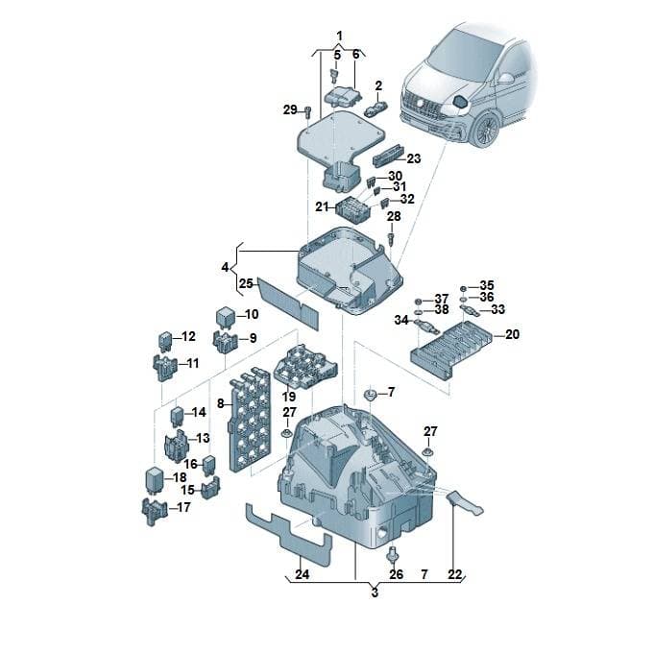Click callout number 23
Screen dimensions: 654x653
(414, 158)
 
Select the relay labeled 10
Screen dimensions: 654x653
(226, 317)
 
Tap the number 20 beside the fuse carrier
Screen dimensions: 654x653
(512, 334)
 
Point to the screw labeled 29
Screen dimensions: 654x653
(308, 111)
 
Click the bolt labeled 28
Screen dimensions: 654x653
(391, 239)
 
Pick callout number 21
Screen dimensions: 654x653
(322, 206)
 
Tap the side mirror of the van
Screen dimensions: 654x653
(506, 78)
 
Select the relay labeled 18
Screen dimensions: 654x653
(154, 480)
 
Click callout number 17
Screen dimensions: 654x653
(183, 507)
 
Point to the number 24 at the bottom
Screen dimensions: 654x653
(303, 574)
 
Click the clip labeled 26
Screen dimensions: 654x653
(392, 554)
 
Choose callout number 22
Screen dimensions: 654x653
(455, 574)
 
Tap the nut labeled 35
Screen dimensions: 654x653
(463, 288)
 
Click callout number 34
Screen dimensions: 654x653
(401, 320)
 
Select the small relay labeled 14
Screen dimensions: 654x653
(177, 415)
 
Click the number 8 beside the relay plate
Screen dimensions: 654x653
(221, 403)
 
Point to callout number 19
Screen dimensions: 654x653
(289, 397)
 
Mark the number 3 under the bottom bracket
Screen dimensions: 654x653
(375, 593)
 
